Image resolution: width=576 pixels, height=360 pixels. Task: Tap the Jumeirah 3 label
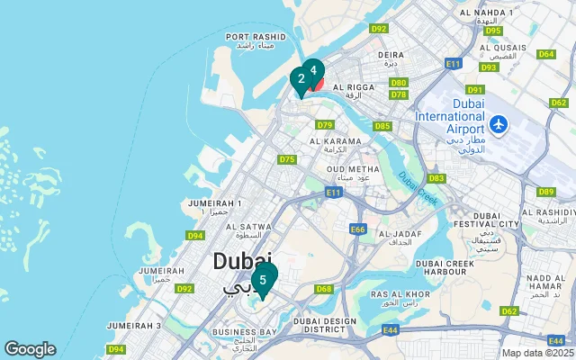(133, 325)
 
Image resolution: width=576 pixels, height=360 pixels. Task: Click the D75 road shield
(287, 159)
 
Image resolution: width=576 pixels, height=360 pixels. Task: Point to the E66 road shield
(358, 230)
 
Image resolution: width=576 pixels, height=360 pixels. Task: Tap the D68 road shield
(324, 289)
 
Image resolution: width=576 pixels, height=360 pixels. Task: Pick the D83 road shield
(436, 178)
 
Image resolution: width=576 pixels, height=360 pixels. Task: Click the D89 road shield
(545, 192)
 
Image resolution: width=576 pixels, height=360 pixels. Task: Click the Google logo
(30, 349)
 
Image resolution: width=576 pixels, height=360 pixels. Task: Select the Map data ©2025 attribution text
(536, 353)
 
